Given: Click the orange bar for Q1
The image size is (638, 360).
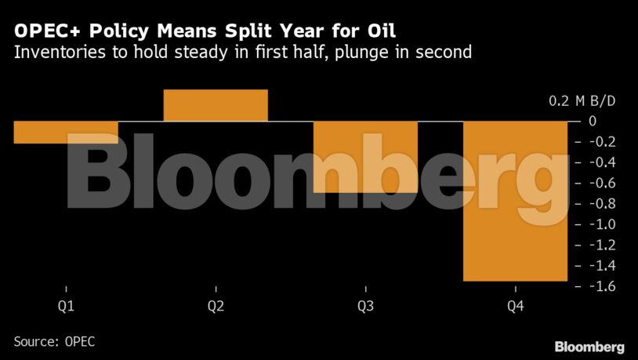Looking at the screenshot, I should pos(66,132).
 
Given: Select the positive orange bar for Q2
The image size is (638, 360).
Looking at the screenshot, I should pos(216,106).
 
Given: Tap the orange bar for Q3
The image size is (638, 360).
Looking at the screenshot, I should pos(365,156).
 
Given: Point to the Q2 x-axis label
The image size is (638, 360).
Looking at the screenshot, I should pos(216,305).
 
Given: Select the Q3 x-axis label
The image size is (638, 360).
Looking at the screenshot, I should pos(365,305).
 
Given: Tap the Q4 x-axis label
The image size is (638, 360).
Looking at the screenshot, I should pos(515,305).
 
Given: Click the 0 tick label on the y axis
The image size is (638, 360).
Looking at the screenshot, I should pos(593,122).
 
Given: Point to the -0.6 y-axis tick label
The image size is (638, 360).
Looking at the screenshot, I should pos(601,184).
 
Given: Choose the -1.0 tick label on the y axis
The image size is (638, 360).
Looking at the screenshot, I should pos(601,225).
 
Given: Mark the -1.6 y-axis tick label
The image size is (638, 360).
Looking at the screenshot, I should pos(601,287).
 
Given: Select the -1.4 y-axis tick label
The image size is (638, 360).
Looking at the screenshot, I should pos(601,267).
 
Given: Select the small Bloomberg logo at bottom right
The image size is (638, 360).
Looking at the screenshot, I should pos(589,346).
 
